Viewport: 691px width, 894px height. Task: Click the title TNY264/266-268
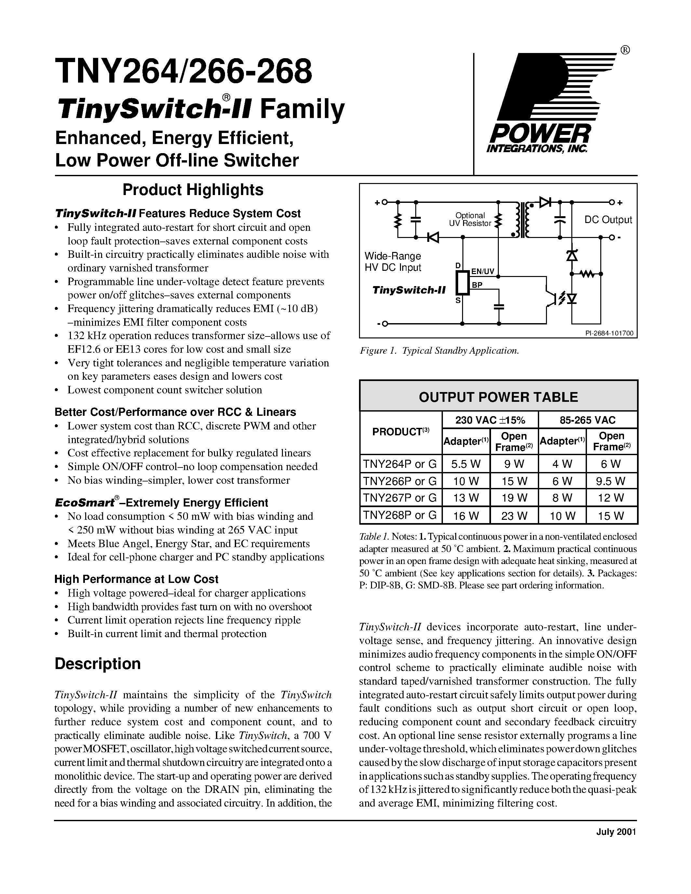click(183, 71)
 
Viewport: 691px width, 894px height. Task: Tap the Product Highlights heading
click(193, 190)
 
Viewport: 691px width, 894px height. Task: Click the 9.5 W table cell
click(611, 481)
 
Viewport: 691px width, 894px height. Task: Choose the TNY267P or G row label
click(400, 498)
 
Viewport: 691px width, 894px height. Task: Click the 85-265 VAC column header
click(588, 420)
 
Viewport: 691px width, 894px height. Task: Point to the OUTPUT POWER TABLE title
click(498, 397)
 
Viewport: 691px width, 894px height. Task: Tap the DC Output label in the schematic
click(608, 220)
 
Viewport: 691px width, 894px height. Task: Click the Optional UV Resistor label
click(470, 219)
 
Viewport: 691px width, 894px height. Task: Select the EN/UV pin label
click(483, 271)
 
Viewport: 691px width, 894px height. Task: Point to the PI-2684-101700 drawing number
click(609, 334)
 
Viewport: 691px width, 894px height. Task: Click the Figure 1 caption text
click(439, 351)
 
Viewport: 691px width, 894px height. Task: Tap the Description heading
click(98, 664)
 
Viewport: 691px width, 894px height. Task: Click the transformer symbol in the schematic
click(523, 219)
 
